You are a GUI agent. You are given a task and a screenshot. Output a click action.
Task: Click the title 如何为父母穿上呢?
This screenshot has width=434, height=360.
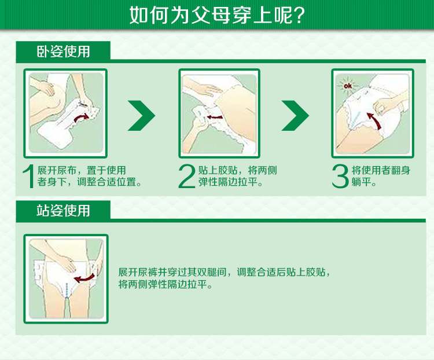[217, 14]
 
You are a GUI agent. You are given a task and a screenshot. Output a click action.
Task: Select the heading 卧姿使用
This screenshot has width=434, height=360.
[64, 52]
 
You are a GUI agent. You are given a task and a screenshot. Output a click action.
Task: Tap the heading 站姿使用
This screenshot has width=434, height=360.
[64, 211]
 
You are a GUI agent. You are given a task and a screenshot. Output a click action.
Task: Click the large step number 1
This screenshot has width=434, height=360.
[28, 177]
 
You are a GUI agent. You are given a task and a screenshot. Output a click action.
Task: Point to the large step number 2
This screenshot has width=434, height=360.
[187, 177]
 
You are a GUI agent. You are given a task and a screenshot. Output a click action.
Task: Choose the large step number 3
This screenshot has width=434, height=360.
[340, 177]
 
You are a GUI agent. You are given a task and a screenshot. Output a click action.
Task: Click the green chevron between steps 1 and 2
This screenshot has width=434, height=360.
[141, 116]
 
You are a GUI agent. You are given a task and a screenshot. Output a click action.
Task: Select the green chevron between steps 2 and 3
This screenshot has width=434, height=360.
[295, 116]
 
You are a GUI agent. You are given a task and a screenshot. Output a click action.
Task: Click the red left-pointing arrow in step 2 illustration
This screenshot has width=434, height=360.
[215, 117]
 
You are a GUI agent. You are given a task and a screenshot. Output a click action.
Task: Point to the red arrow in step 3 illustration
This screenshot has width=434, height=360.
[374, 120]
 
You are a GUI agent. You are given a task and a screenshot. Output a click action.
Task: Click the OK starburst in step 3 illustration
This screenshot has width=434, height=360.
[348, 86]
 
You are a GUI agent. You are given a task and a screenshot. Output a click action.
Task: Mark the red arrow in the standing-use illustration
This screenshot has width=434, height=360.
[84, 278]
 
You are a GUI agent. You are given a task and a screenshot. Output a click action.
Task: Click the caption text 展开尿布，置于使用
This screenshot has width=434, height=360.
[82, 170]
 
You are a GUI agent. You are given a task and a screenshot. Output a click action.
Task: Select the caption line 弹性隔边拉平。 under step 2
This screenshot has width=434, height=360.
[230, 182]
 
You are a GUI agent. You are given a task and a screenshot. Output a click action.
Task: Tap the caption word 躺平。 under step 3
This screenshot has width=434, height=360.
[364, 182]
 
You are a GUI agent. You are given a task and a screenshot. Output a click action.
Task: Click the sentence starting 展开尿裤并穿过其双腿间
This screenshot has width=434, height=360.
[225, 272]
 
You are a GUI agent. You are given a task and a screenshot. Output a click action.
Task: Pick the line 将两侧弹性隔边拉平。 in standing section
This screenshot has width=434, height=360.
[165, 284]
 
